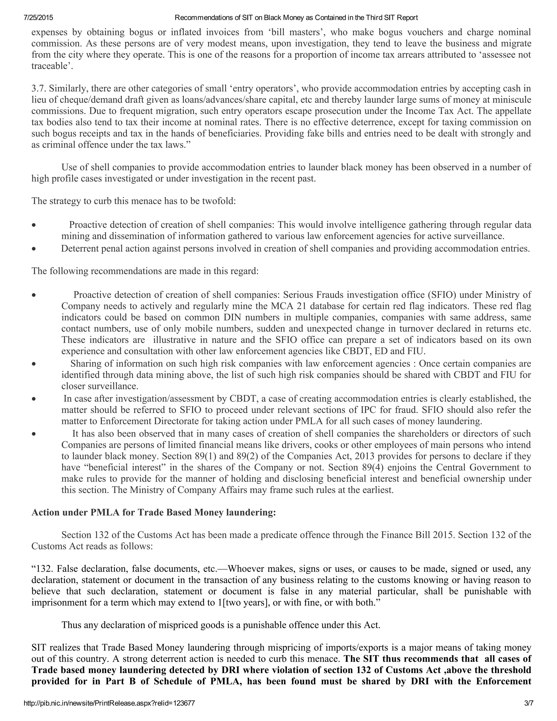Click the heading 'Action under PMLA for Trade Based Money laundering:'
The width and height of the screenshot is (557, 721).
153,512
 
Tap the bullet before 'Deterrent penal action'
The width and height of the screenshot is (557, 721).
34,249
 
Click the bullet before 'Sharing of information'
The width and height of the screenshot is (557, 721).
34,364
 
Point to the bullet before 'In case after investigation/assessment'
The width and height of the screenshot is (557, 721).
34,399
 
